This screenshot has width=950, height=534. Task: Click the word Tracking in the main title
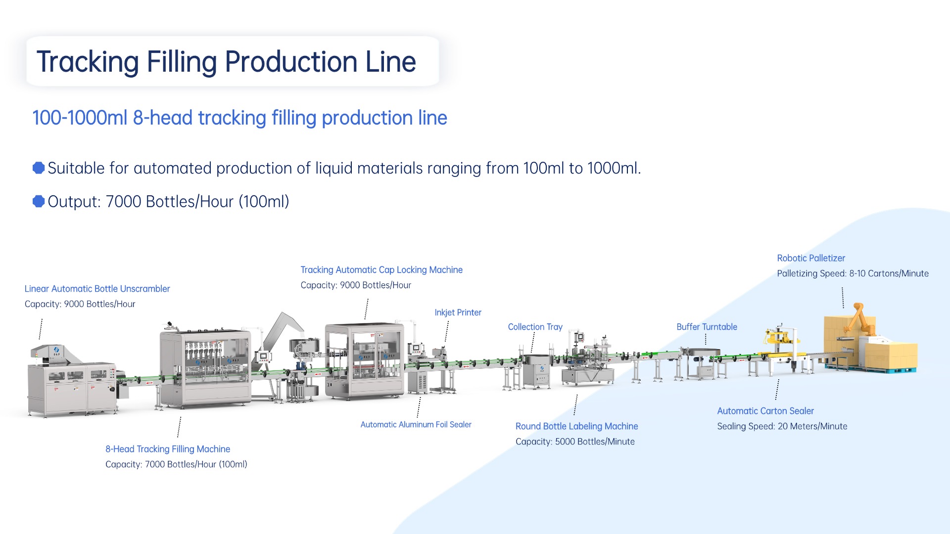(88, 62)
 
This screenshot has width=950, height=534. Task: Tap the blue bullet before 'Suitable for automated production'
(39, 168)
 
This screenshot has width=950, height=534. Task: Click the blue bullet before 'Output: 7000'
(39, 201)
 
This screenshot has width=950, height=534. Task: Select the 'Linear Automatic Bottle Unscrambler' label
(97, 289)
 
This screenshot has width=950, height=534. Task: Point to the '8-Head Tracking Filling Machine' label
(168, 449)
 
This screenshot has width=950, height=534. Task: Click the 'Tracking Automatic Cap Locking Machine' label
(381, 270)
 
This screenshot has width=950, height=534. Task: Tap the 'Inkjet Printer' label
(458, 312)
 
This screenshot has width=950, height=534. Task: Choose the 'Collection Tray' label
(535, 327)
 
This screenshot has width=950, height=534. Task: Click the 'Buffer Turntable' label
(707, 327)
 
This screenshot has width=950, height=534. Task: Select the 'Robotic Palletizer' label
(811, 258)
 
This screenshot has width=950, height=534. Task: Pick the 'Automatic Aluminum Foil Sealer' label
(416, 425)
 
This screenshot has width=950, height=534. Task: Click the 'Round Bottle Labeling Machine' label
(576, 426)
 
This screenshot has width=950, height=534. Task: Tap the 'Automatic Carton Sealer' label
(765, 411)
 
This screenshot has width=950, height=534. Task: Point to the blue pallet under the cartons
(891, 370)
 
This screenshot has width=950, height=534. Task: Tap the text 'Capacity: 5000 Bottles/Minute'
(575, 442)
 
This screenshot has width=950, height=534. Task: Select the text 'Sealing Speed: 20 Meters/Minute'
(782, 426)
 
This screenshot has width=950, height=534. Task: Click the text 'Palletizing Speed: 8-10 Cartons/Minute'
(853, 273)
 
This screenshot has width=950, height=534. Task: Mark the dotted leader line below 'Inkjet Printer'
(447, 331)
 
